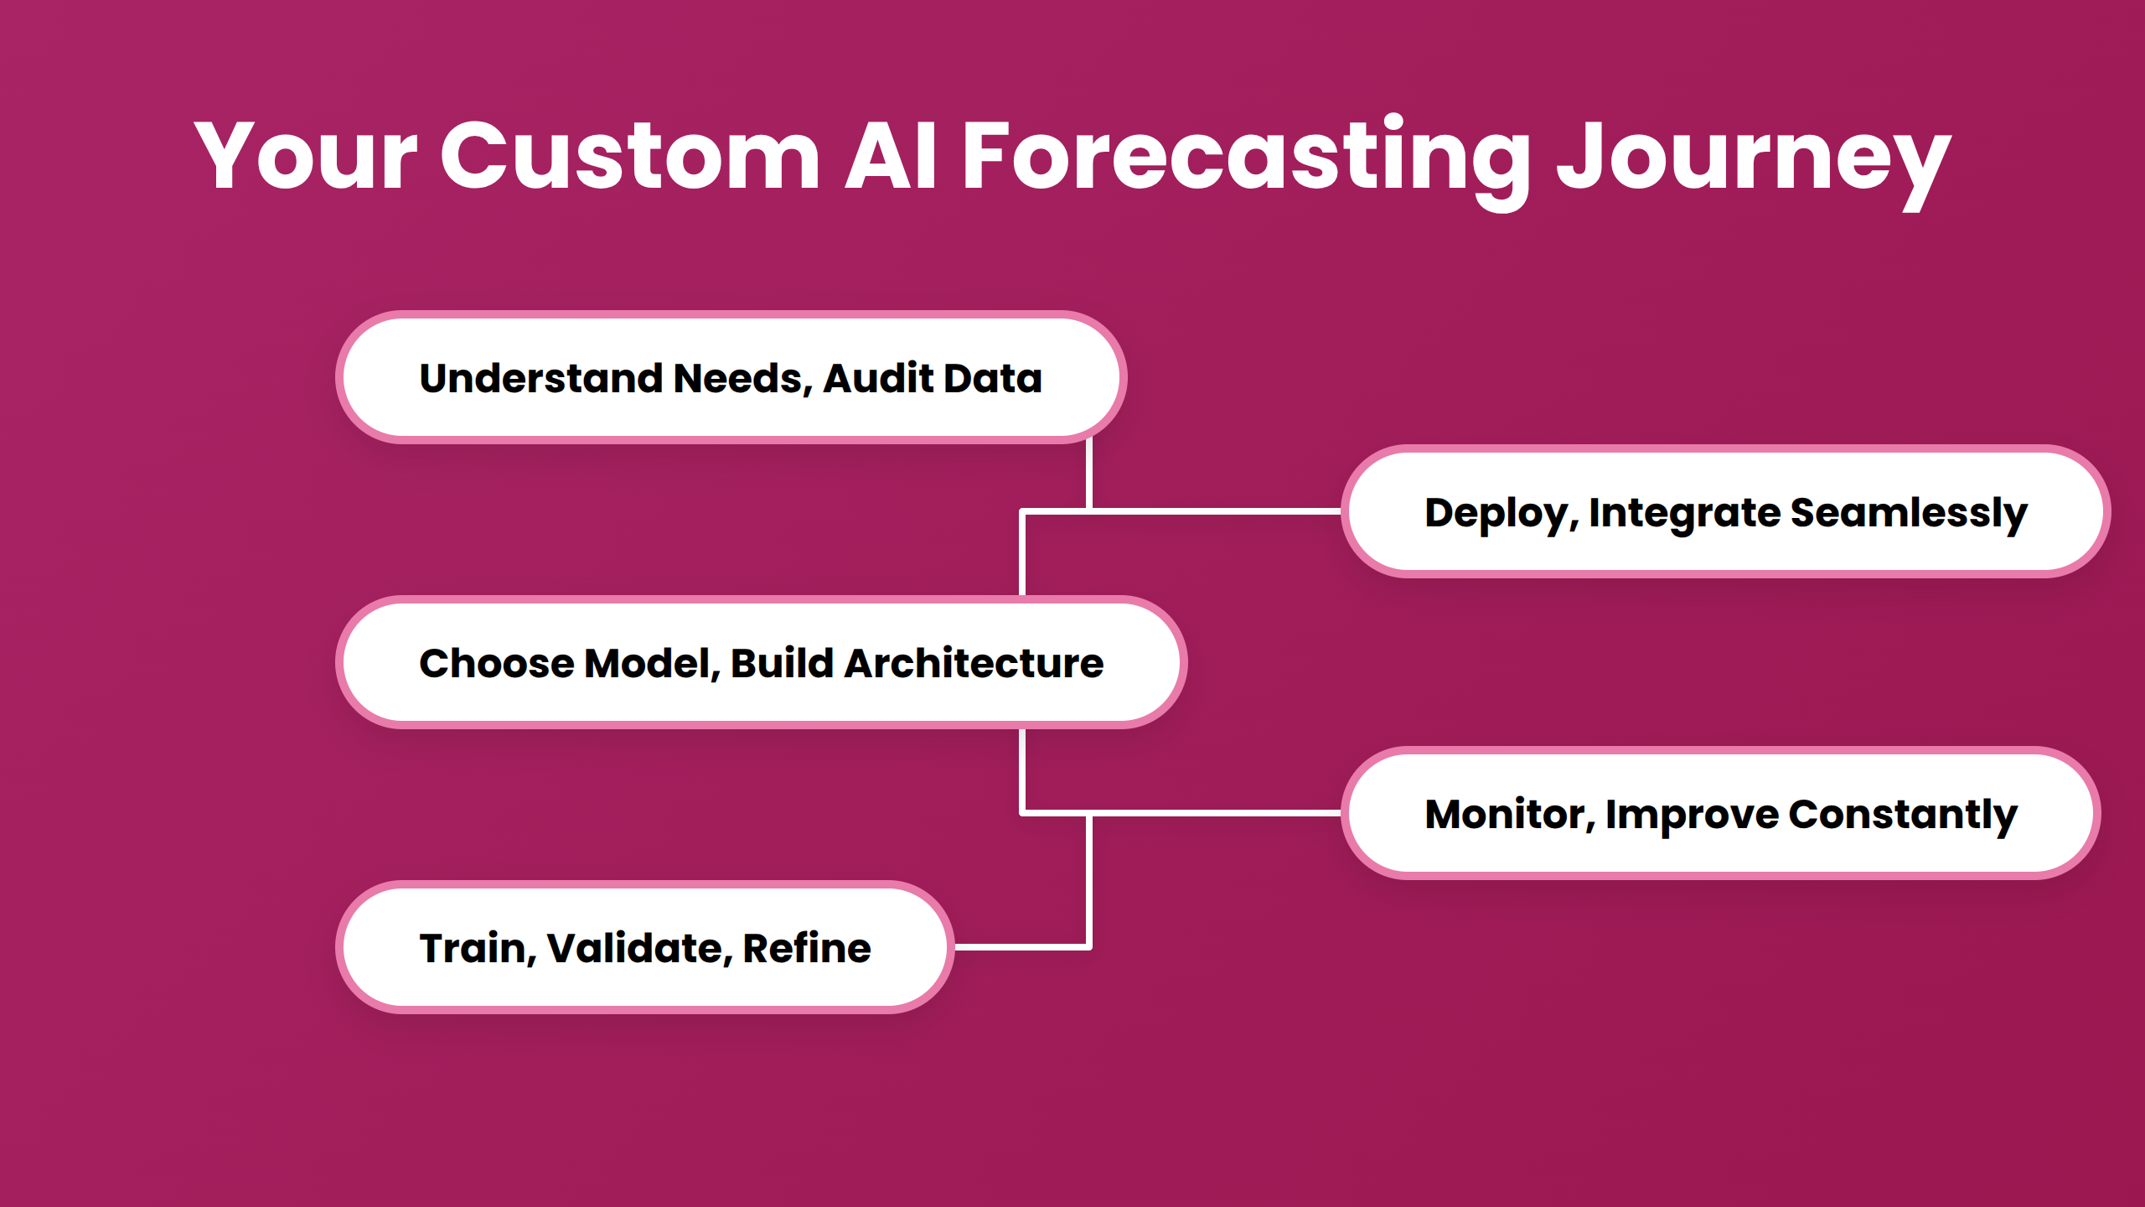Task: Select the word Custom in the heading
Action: click(630, 157)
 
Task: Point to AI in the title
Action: click(890, 157)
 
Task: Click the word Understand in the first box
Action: click(541, 378)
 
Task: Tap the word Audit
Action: click(878, 378)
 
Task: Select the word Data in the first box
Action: click(993, 378)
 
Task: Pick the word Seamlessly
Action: click(1909, 513)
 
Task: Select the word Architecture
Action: click(974, 663)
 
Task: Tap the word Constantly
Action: click(1903, 814)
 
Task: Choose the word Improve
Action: click(1692, 815)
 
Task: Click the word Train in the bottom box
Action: click(473, 948)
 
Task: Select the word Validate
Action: click(634, 948)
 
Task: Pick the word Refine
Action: click(806, 948)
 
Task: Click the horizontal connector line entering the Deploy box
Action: click(1215, 510)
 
